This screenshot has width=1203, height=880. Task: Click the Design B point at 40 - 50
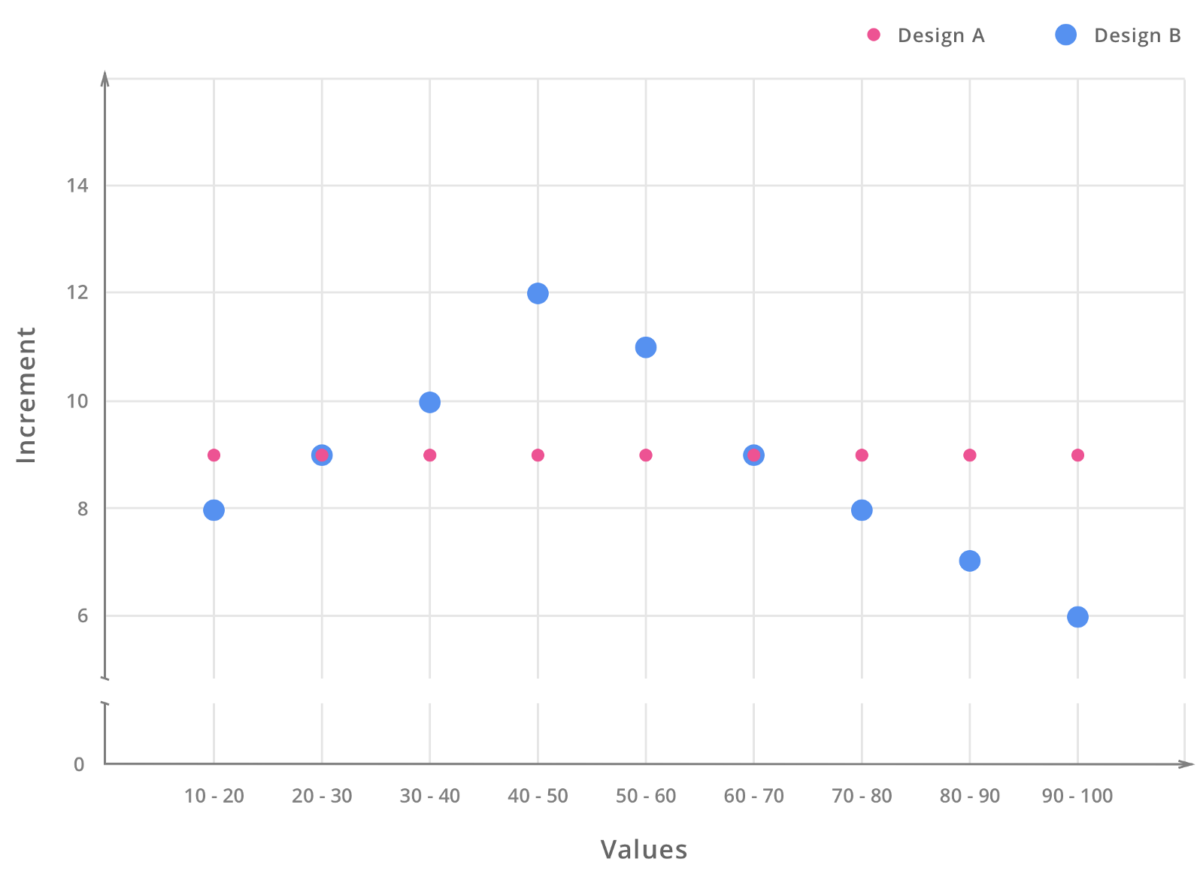(538, 293)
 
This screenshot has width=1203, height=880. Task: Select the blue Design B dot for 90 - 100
(1077, 617)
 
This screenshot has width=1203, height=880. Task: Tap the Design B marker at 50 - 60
(646, 347)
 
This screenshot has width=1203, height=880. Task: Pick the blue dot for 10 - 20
(214, 510)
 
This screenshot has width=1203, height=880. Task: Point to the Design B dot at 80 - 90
(970, 561)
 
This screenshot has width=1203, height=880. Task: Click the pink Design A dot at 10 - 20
(214, 455)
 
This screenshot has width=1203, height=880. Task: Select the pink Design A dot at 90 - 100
(1077, 455)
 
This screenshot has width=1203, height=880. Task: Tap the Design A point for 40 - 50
(538, 455)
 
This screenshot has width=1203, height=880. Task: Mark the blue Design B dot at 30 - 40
(430, 403)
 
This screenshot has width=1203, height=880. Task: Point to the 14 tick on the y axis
(77, 186)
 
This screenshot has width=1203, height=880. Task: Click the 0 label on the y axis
(79, 765)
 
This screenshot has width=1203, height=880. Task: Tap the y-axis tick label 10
(77, 401)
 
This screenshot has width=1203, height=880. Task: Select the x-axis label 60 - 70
(753, 797)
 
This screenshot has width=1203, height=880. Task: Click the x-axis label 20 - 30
(322, 797)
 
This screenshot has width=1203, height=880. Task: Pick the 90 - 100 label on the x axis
(1077, 797)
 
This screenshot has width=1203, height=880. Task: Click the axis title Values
(644, 850)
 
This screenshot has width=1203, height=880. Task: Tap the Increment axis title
(27, 395)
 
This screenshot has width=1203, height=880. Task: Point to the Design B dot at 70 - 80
(862, 510)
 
